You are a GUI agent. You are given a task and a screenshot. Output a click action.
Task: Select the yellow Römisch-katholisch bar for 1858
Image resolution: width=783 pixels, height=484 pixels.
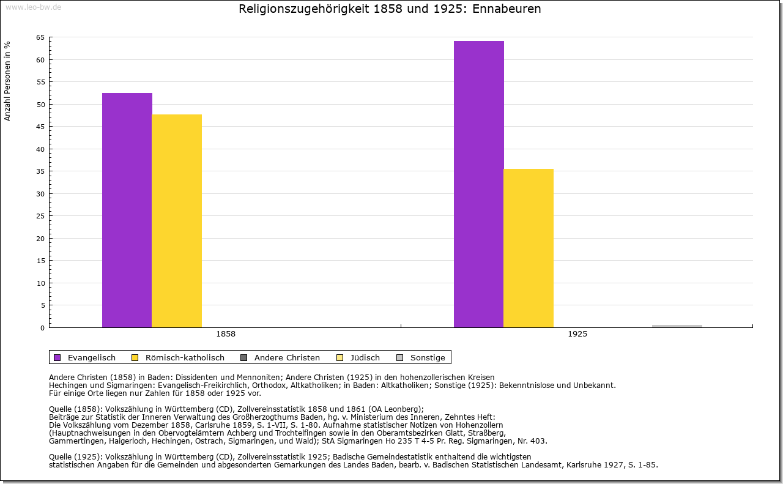[x=177, y=221]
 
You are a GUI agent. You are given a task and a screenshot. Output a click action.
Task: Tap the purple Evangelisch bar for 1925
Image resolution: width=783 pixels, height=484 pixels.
[x=479, y=184]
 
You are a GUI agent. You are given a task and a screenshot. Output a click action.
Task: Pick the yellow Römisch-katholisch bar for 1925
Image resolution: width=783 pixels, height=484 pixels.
[x=529, y=248]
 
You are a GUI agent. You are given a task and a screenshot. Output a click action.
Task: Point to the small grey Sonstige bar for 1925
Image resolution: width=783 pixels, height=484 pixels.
[x=677, y=326]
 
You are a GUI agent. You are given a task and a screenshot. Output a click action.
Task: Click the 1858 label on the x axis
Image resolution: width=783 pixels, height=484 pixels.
[x=226, y=334]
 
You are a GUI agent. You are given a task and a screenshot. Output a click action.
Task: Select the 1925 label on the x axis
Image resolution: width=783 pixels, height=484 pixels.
[x=577, y=334]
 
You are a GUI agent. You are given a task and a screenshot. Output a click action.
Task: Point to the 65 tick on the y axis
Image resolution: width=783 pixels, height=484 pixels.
[x=40, y=38]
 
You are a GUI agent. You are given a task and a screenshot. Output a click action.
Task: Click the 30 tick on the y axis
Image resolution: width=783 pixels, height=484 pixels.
[x=40, y=194]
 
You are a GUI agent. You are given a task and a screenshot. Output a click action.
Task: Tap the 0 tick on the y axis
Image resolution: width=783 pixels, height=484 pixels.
[x=42, y=328]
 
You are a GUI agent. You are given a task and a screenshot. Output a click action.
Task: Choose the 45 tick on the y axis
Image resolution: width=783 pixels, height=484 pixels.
[x=40, y=127]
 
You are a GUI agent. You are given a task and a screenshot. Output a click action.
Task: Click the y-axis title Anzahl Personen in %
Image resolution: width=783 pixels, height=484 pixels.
[x=7, y=81]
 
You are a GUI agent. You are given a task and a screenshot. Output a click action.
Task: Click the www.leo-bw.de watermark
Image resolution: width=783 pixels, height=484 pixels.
[x=32, y=7]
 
